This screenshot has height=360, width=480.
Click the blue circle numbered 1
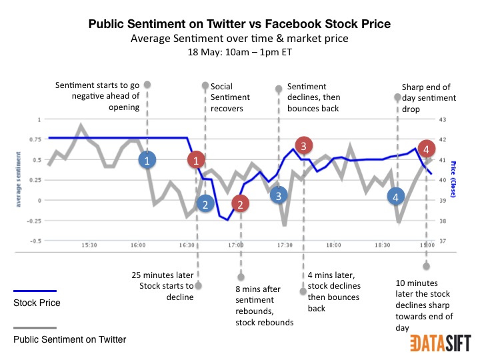[x=148, y=160]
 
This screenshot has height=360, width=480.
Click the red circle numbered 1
[x=196, y=160]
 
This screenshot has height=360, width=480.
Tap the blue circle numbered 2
[x=206, y=204]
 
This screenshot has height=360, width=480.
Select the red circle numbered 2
[x=241, y=204]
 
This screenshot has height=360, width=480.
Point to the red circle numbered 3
[x=303, y=145]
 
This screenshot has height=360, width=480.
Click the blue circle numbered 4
[x=397, y=197]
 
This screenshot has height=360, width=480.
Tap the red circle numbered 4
[x=426, y=148]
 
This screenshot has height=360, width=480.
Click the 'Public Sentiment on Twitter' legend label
[x=69, y=340]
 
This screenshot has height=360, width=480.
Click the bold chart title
[x=239, y=25]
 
